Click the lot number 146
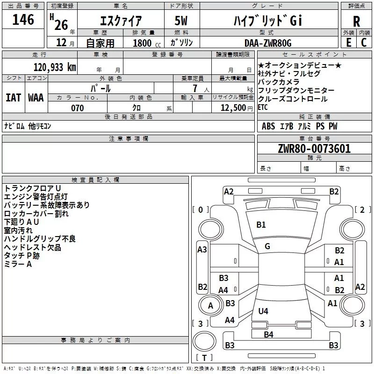tap(23, 20)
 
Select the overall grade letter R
tap(356, 22)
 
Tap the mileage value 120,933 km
tap(55, 67)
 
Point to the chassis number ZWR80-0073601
tap(314, 148)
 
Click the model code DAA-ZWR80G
tap(268, 43)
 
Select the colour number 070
tap(78, 108)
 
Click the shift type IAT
tap(14, 98)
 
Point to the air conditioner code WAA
tap(36, 98)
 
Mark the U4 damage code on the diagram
tap(263, 311)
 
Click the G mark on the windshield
tap(267, 246)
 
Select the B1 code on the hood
tap(261, 225)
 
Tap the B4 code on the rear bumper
tap(268, 335)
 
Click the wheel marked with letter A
tap(210, 305)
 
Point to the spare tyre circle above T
tap(204, 341)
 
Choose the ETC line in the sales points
tap(263, 108)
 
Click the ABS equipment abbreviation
tap(268, 126)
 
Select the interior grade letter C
tap(364, 43)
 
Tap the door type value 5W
tap(181, 21)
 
